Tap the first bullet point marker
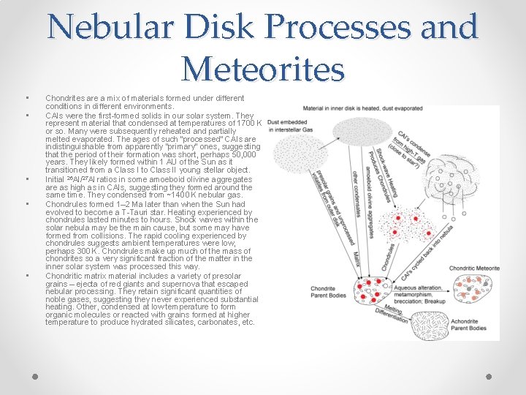point(26,98)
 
